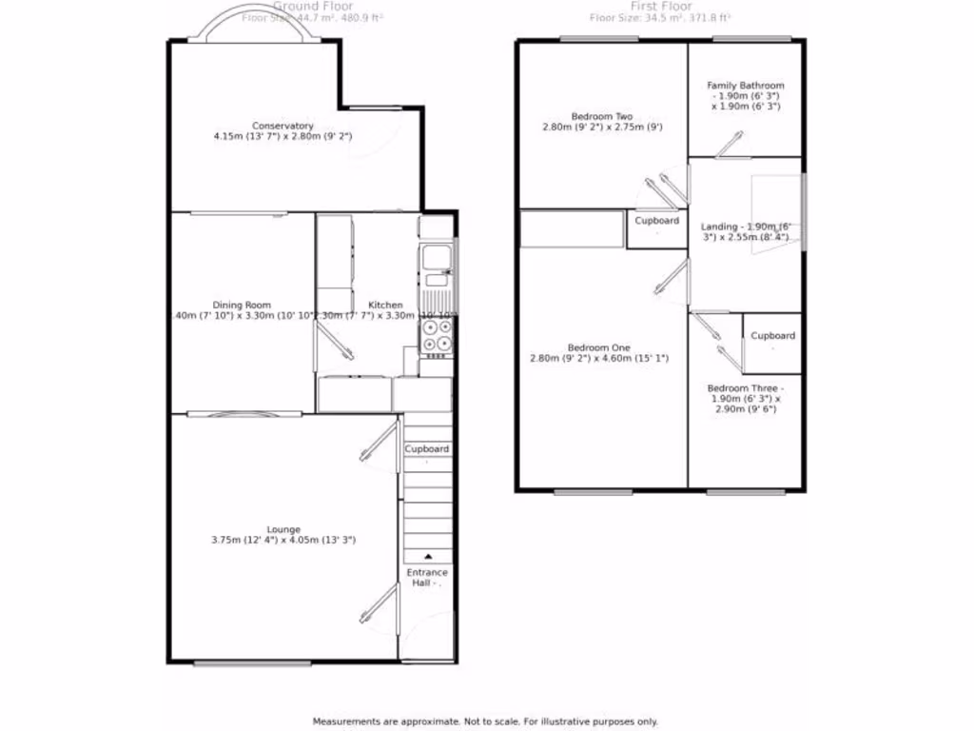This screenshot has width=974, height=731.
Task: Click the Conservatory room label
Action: [x=282, y=126]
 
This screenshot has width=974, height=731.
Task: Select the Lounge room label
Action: [x=283, y=529]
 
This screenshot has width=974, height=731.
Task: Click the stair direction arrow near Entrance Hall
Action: [x=427, y=557]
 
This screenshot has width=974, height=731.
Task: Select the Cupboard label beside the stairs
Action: [x=427, y=448]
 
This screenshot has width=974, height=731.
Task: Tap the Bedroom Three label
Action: [x=745, y=388]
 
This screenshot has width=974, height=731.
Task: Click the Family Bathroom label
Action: [x=746, y=86]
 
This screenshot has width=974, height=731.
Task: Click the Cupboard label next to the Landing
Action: [x=657, y=221]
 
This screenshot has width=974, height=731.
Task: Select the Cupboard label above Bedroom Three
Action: [x=772, y=336]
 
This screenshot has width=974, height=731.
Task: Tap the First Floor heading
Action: [x=660, y=6]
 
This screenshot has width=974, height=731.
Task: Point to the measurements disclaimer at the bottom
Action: [x=485, y=721]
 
